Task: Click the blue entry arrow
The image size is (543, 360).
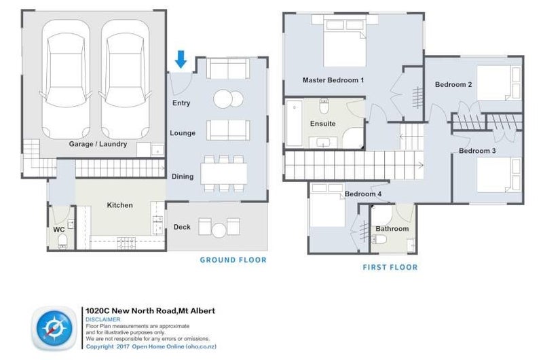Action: coord(181,59)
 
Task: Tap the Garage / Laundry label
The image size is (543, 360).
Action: coord(98,144)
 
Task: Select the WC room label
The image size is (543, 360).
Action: coord(59,230)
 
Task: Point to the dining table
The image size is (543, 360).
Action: coord(224,174)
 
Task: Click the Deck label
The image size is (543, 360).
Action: coord(182,227)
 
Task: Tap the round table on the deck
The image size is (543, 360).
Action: coord(219,230)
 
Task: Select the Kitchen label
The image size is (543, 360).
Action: coord(120,205)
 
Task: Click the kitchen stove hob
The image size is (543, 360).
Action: coord(126,242)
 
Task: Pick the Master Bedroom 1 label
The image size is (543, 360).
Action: coord(333,80)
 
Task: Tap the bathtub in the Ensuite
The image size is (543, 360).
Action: coord(295,124)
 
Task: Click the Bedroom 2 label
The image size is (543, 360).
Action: coord(453,84)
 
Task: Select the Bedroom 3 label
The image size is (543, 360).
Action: coord(477,151)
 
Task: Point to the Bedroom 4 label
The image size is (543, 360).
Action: coord(363,194)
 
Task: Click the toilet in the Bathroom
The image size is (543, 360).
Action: coord(379,239)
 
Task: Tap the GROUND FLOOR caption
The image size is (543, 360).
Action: coord(233,260)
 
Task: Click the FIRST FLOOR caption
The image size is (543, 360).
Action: coord(390,267)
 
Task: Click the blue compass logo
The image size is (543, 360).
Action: coord(54,328)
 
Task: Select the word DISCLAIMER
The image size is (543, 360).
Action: coord(103,319)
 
